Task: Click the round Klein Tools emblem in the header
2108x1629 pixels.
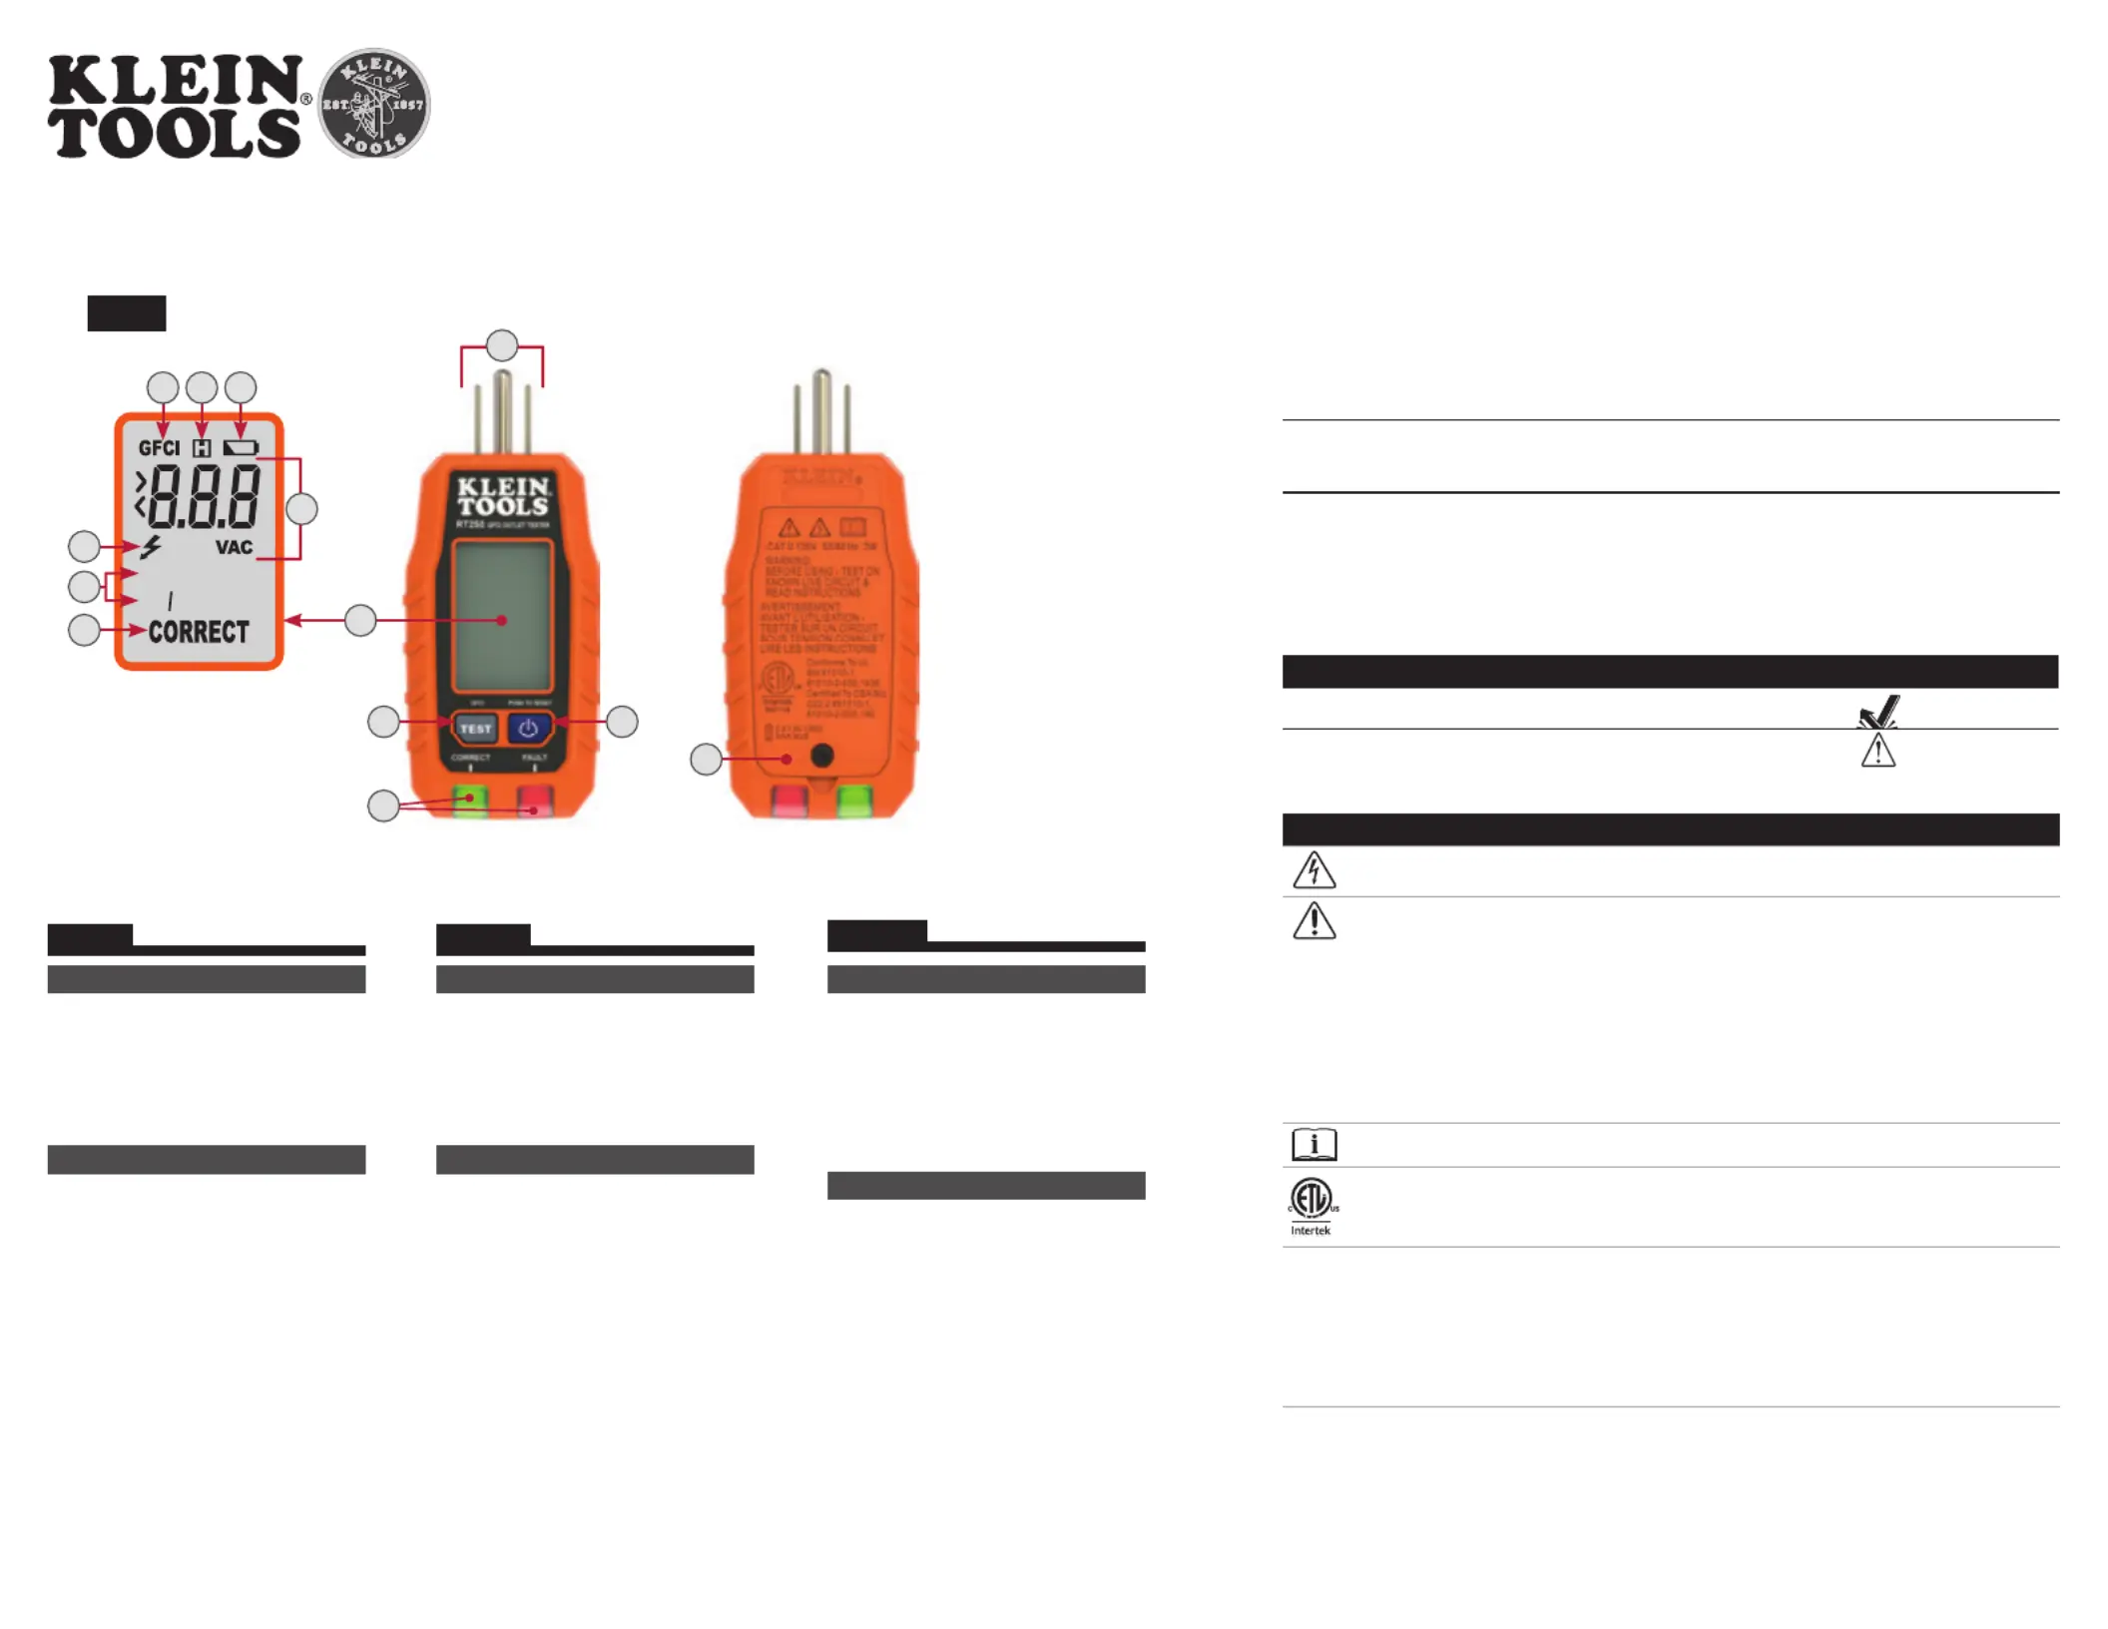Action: [373, 103]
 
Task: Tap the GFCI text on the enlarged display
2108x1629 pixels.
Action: [159, 448]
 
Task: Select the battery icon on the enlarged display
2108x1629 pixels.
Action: [241, 448]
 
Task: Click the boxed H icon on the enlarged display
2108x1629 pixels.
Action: [202, 448]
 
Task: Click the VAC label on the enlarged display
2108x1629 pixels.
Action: [234, 547]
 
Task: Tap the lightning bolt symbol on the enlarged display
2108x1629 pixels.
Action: [151, 547]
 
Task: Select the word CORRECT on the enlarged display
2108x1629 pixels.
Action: [199, 632]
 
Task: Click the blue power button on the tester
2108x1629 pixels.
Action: [528, 729]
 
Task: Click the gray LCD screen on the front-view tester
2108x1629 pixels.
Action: [502, 616]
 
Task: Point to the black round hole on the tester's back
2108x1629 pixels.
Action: [822, 756]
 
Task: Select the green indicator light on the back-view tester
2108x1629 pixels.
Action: [854, 801]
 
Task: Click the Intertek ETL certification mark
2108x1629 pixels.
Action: [1313, 1205]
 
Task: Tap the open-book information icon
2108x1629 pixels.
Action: [1314, 1144]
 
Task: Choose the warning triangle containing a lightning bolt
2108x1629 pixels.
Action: [1314, 870]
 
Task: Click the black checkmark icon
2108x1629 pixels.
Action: [1877, 712]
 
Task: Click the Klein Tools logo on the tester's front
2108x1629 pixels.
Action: [503, 496]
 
